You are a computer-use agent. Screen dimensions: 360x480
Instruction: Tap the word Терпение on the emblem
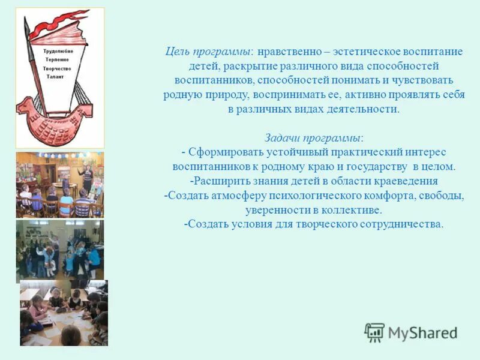pyautogui.click(x=57, y=60)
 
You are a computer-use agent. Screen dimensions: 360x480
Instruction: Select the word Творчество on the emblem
pyautogui.click(x=57, y=68)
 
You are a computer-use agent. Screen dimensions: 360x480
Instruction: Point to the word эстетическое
pyautogui.click(x=365, y=51)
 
